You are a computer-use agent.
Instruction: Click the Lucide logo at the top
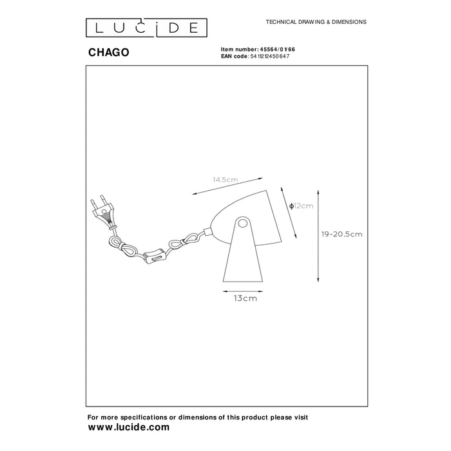point(147,27)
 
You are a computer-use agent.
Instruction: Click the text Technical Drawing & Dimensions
point(316,21)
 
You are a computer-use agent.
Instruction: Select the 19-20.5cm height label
point(341,234)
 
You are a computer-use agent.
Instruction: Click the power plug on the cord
point(104,209)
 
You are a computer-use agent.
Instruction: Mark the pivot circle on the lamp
point(242,223)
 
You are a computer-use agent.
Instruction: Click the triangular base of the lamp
point(244,258)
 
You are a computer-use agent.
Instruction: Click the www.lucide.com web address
point(128,427)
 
